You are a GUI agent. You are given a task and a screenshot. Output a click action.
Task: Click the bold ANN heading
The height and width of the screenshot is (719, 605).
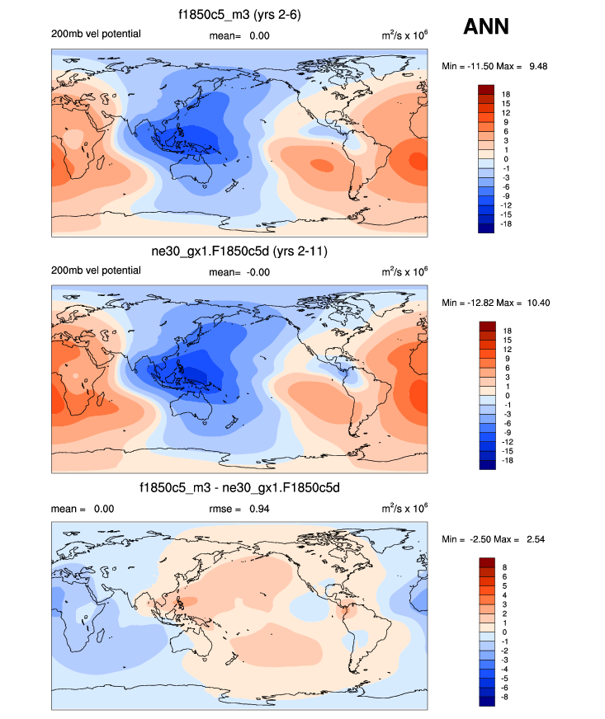tap(486, 27)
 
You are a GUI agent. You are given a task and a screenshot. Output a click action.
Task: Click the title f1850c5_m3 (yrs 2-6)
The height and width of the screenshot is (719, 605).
tap(239, 15)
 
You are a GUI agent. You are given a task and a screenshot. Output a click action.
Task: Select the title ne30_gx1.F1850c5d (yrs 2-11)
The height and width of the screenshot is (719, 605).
tap(239, 251)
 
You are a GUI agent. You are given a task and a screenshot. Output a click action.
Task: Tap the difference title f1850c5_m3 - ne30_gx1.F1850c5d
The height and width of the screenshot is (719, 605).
tap(239, 488)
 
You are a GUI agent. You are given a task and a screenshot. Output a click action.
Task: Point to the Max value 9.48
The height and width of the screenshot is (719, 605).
tap(536, 65)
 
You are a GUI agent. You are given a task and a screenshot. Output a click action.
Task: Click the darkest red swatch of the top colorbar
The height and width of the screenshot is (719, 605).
tap(486, 89)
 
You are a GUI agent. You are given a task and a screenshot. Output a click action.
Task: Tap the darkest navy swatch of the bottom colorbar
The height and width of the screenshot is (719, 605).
tap(486, 701)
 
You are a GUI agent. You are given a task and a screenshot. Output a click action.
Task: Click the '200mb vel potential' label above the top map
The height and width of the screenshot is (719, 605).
tap(96, 34)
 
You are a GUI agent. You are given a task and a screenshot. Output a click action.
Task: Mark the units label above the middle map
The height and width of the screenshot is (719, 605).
tap(404, 271)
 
